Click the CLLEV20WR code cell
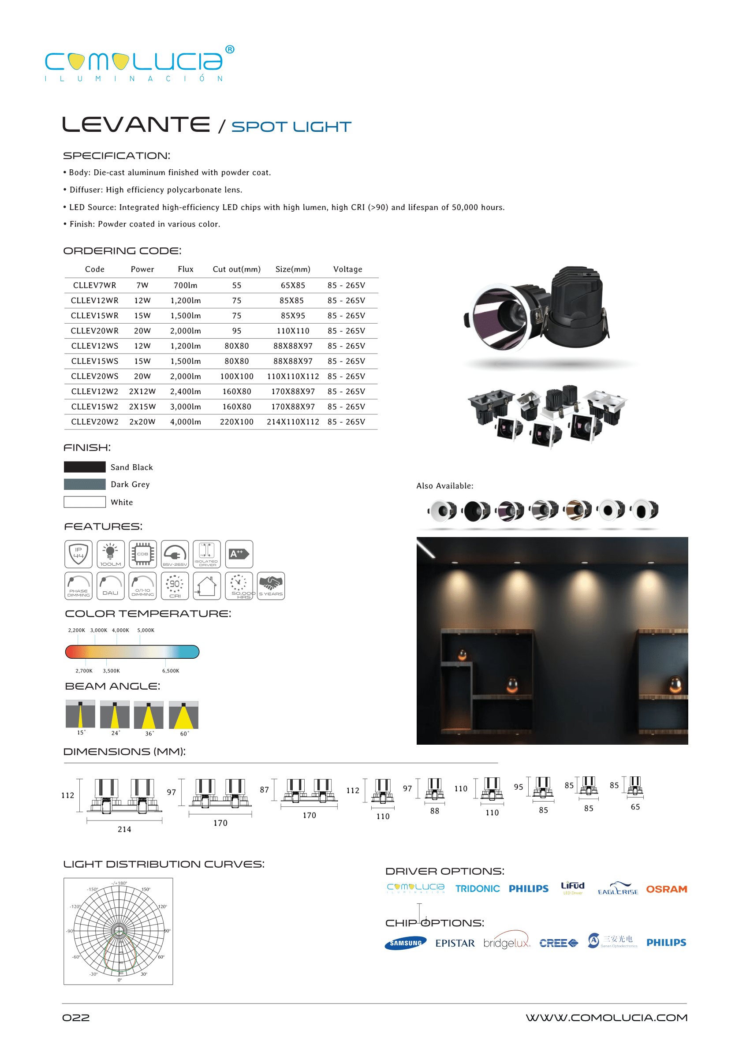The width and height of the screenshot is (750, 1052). pos(95,331)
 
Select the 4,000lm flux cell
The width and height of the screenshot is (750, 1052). pos(185,422)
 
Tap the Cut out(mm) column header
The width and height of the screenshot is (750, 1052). pos(236,269)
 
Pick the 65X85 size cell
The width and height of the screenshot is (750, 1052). pos(293,285)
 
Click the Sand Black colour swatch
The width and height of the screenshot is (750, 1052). pos(85,467)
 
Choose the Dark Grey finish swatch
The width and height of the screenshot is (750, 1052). pos(85,484)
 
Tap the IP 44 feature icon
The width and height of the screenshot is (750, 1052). pos(78,554)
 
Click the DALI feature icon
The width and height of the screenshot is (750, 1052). pos(110,586)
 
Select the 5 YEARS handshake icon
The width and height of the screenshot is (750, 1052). pos(271,586)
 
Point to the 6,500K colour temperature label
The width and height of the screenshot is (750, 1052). pos(170,671)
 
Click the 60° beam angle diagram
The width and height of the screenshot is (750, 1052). pos(183,715)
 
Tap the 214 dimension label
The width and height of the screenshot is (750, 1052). pos(124,829)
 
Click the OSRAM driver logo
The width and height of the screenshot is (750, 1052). pos(666,889)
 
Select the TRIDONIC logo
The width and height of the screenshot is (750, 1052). pos(478,888)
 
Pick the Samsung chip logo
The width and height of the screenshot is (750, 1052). pos(406,943)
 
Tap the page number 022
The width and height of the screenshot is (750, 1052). pos(76,1018)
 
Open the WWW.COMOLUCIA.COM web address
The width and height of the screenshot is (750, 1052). pos(606,1018)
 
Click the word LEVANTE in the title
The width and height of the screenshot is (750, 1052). pos(136,125)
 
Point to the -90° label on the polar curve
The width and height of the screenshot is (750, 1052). pos(70,931)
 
